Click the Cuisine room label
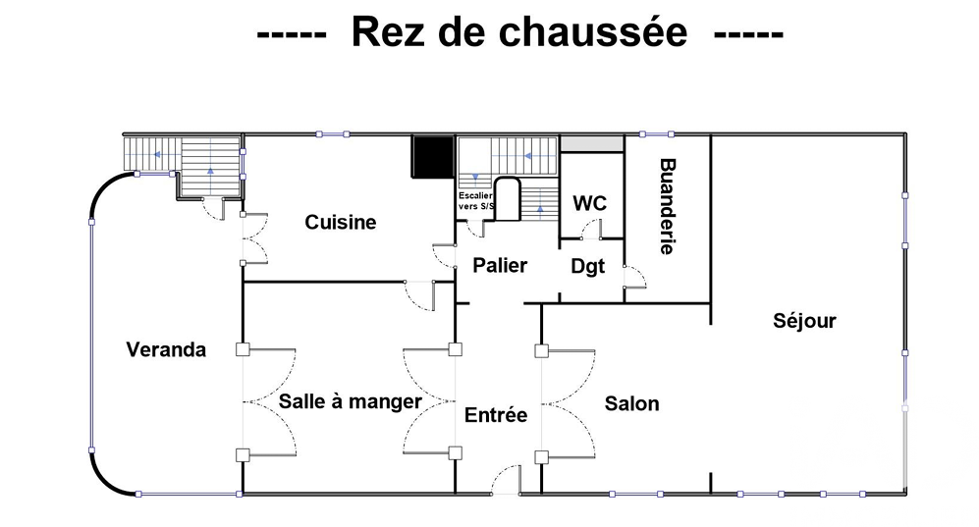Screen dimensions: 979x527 click(x=341, y=222)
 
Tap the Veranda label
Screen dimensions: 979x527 click(x=166, y=349)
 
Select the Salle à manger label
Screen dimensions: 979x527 click(x=351, y=401)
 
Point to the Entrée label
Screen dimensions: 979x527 click(x=496, y=415)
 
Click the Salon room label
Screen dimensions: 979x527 click(x=631, y=403)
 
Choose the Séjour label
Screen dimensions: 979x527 click(x=804, y=321)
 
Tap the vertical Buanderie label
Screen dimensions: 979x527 click(x=668, y=206)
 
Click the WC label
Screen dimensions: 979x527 click(x=590, y=203)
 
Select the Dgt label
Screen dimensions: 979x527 click(x=587, y=267)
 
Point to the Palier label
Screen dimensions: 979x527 click(x=500, y=266)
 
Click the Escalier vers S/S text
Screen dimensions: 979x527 click(x=476, y=201)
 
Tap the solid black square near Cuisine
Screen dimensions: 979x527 click(x=432, y=156)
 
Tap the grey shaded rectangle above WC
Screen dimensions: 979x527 click(x=592, y=143)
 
